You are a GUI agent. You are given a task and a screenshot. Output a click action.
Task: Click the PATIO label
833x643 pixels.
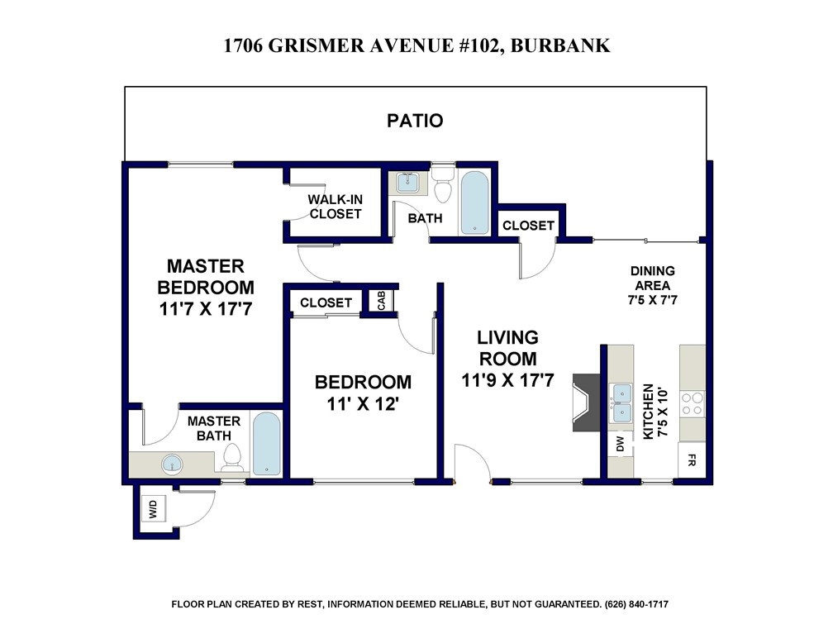pyautogui.click(x=415, y=121)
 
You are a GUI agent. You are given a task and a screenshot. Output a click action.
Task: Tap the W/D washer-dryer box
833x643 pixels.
pyautogui.click(x=154, y=509)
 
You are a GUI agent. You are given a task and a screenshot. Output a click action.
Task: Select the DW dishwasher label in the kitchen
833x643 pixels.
pyautogui.click(x=620, y=445)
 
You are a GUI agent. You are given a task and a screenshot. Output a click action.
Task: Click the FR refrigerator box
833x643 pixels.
pyautogui.click(x=692, y=460)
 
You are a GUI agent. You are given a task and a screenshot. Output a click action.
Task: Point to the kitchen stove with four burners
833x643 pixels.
pyautogui.click(x=693, y=404)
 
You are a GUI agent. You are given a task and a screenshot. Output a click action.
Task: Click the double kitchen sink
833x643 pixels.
pyautogui.click(x=621, y=403)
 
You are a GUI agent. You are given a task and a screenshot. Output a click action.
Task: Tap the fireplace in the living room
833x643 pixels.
pyautogui.click(x=586, y=402)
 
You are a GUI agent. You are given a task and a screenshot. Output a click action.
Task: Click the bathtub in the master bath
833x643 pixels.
pyautogui.click(x=266, y=445)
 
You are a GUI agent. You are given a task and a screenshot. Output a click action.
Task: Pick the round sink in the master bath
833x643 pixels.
pyautogui.click(x=172, y=464)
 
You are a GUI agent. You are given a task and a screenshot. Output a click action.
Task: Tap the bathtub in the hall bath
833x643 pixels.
pyautogui.click(x=474, y=202)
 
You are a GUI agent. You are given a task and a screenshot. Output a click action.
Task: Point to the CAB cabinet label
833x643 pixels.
pyautogui.click(x=382, y=300)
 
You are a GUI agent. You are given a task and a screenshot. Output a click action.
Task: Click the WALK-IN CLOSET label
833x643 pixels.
pyautogui.click(x=336, y=207)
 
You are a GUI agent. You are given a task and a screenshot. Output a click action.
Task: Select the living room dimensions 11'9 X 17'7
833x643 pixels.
pyautogui.click(x=508, y=380)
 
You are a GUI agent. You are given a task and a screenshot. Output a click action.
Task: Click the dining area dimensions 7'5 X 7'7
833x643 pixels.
pyautogui.click(x=652, y=300)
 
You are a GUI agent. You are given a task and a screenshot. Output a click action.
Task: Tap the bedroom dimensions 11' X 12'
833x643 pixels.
pyautogui.click(x=363, y=404)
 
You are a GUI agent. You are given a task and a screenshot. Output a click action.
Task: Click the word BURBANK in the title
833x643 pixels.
pyautogui.click(x=560, y=45)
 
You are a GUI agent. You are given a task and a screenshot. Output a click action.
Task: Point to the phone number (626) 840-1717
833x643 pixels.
pyautogui.click(x=636, y=604)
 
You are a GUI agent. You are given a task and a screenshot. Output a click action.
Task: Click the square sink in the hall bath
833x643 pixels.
pyautogui.click(x=408, y=183)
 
